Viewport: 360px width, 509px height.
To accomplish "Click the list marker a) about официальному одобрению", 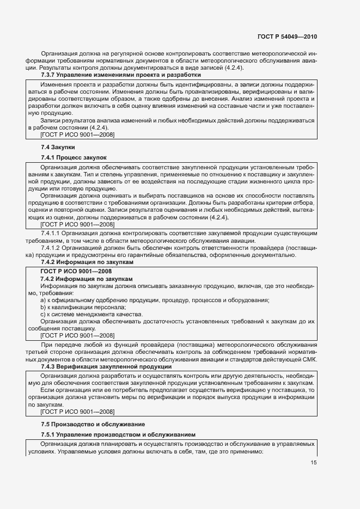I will click(44, 301).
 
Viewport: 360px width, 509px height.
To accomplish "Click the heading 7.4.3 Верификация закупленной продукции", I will click(95, 367).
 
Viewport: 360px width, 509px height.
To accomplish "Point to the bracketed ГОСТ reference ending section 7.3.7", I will click(77, 134).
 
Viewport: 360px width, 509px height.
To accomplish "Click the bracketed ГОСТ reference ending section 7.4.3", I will click(77, 412).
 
